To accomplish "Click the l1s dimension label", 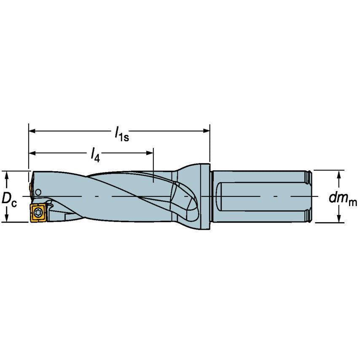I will (x=121, y=134).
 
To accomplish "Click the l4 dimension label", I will (x=95, y=155).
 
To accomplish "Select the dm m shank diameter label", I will (x=342, y=199).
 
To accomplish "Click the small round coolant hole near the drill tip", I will (x=38, y=192).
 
